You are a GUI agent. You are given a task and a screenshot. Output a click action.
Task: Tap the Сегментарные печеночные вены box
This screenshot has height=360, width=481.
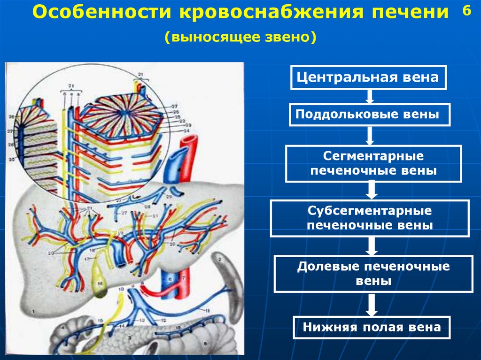pos(373,163)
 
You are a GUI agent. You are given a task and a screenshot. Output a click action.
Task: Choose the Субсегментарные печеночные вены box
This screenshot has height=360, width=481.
pos(369,218)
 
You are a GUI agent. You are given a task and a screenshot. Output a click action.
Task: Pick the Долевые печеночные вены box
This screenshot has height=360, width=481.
pos(373,274)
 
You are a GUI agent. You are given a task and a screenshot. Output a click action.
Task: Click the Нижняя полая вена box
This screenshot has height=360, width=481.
pos(372,327)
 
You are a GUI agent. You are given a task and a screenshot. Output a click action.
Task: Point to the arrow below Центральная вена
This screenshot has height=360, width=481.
pos(370,97)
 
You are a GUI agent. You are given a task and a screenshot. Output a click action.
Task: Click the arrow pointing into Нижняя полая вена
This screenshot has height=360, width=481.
pos(372,305)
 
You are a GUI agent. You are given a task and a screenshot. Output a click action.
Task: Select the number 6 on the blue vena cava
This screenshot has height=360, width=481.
pos(170,279)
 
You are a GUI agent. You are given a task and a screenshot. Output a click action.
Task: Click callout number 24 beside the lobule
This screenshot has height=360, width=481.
pos(173,132)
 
